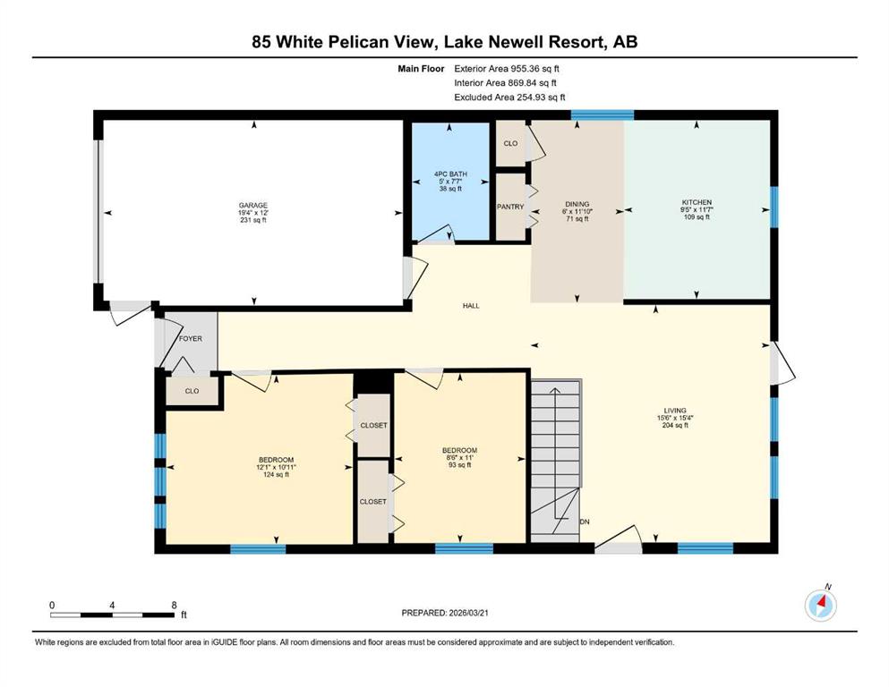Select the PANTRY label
[x=510, y=207]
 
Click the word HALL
[x=471, y=306]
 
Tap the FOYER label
[x=191, y=339]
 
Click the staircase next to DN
[x=556, y=461]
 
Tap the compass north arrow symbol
[x=821, y=606]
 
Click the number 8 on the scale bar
[x=174, y=605]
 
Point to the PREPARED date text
[x=444, y=613]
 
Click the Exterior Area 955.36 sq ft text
[x=507, y=69]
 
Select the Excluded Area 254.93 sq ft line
[x=509, y=97]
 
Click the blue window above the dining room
[x=603, y=115]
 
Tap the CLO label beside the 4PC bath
[x=510, y=143]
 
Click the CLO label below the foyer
[x=192, y=391]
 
